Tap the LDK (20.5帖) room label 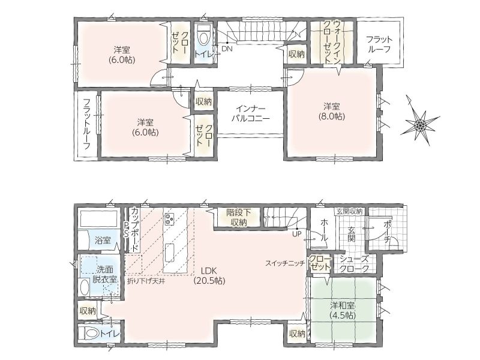[209, 275]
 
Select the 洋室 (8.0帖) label [332, 112]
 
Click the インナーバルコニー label [250, 113]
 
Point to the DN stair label [227, 49]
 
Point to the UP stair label [297, 234]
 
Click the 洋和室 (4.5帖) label [343, 310]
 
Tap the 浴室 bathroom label [103, 241]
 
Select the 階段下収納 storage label [239, 217]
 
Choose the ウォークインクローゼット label [332, 42]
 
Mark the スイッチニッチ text [285, 263]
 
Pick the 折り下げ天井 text [146, 281]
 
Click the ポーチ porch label [387, 232]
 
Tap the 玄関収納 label [350, 211]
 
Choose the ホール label [325, 230]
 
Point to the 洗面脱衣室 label [104, 274]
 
